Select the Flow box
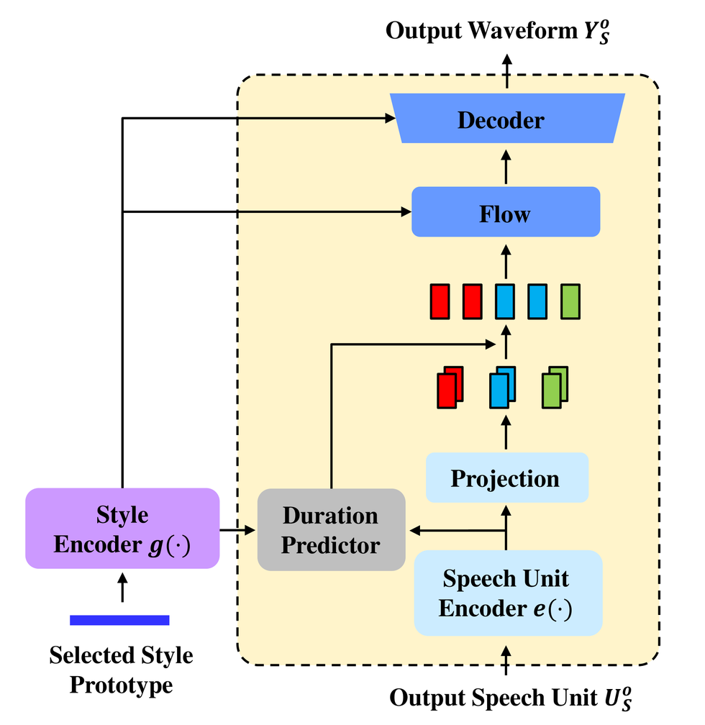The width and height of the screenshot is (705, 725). tap(505, 213)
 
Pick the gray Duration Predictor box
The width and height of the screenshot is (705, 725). tap(331, 530)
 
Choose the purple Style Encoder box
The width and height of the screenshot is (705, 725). tap(122, 529)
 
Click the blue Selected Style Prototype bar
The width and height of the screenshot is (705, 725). tap(119, 620)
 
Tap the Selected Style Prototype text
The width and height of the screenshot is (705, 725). tap(121, 670)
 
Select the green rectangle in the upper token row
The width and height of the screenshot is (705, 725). tap(570, 301)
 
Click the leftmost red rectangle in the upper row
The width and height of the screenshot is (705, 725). tap(440, 301)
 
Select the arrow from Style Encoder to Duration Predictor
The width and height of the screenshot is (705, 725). tap(238, 531)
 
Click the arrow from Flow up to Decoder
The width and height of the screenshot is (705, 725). tap(506, 167)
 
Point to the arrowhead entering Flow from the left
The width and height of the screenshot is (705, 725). tap(405, 211)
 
